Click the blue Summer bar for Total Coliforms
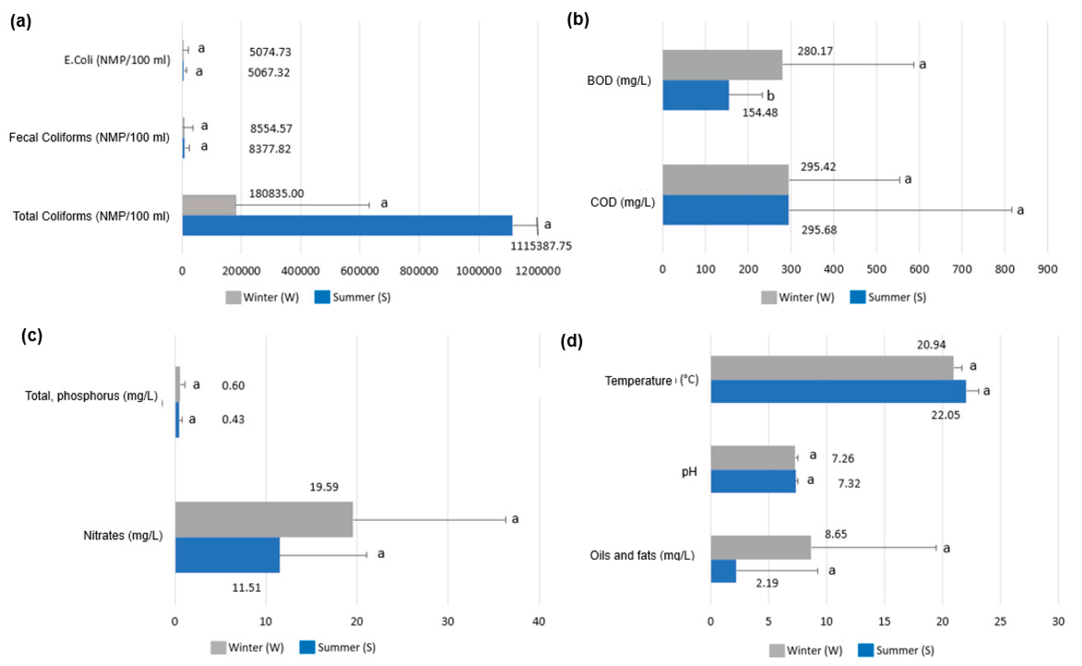tap(347, 225)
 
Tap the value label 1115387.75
tap(541, 246)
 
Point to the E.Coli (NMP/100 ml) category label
tap(117, 60)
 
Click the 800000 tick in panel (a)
tap(418, 271)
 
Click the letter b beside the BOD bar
tap(771, 96)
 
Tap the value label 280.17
tap(815, 51)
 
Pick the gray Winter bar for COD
tap(725, 180)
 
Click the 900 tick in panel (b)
tap(1047, 269)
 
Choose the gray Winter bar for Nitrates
tap(263, 519)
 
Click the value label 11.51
tap(246, 588)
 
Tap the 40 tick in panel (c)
tap(539, 621)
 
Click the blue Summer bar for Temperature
tap(838, 391)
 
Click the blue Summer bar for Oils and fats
tap(723, 571)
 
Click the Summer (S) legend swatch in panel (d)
tap(866, 650)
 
